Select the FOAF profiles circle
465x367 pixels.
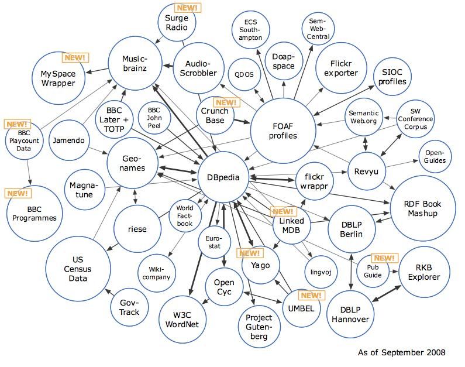(283, 130)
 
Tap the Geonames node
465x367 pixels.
(133, 163)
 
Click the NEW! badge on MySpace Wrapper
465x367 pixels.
(75, 57)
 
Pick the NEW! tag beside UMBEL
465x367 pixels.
(311, 296)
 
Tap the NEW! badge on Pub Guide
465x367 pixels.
(384, 258)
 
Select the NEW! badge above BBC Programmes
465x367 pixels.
(17, 193)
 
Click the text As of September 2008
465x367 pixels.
(401, 352)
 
